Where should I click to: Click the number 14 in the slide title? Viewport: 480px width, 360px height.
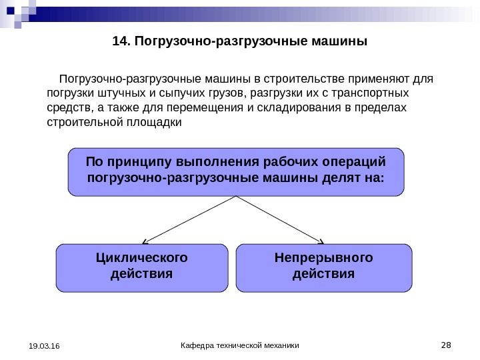point(119,42)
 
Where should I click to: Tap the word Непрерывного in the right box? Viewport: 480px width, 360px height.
point(324,258)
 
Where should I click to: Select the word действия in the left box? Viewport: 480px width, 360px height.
point(142,273)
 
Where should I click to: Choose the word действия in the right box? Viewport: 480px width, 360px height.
point(324,273)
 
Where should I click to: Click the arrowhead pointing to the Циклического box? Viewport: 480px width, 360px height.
point(145,241)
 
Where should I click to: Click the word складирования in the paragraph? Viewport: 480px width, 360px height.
point(299,109)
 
